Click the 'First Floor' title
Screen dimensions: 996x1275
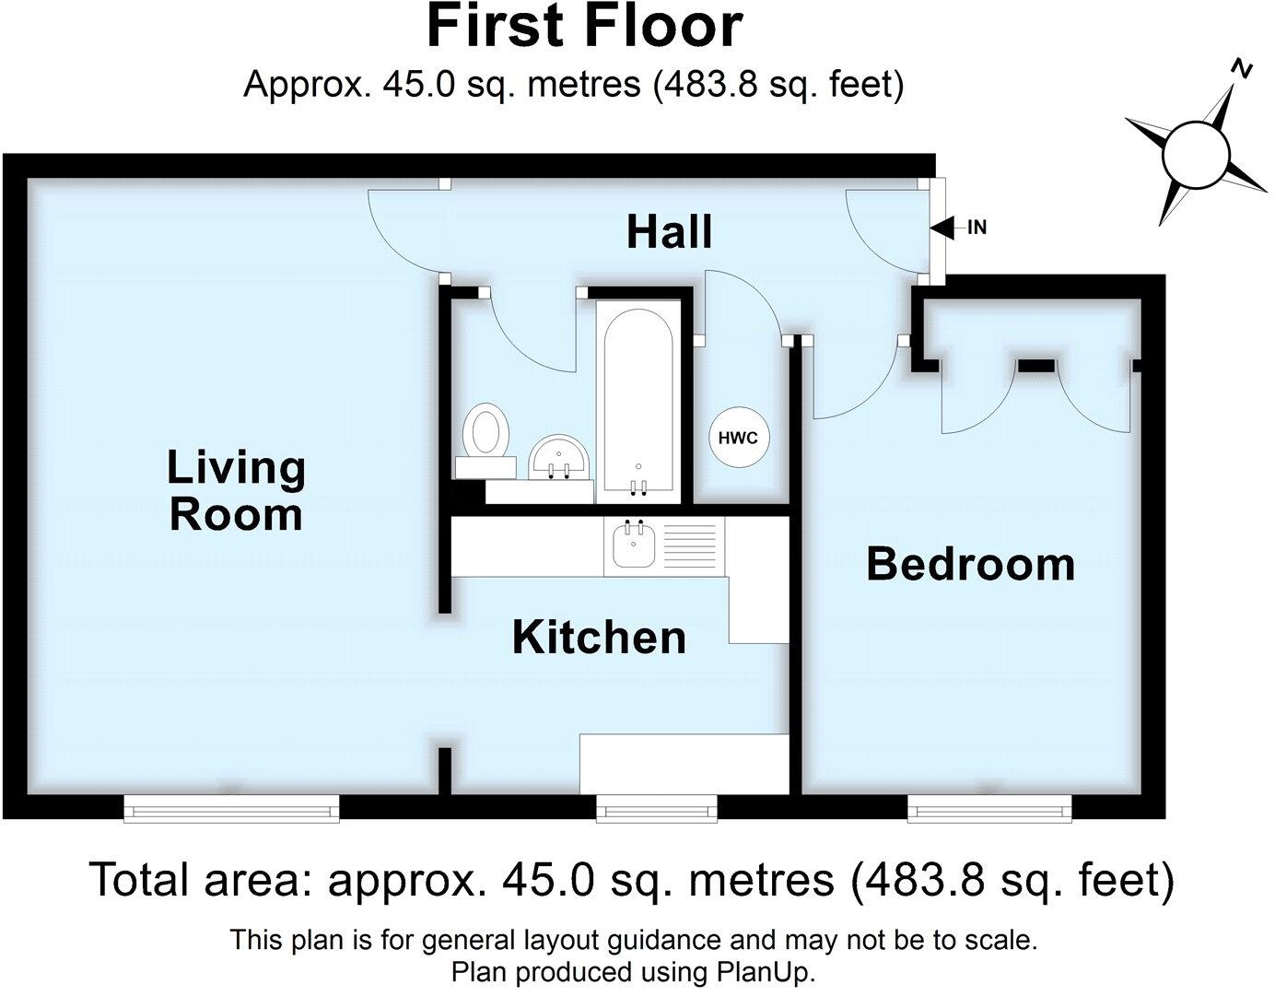pos(584,27)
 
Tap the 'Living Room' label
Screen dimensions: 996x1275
pos(236,490)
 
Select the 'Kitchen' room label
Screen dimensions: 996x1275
pos(599,638)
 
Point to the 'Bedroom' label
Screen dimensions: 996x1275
pos(970,564)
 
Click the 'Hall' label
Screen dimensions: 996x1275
pos(669,231)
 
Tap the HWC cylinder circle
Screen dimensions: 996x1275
pos(738,438)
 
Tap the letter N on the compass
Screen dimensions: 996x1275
pos(1243,69)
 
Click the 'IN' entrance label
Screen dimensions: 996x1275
pos(977,227)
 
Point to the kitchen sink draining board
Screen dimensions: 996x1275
pos(690,547)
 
